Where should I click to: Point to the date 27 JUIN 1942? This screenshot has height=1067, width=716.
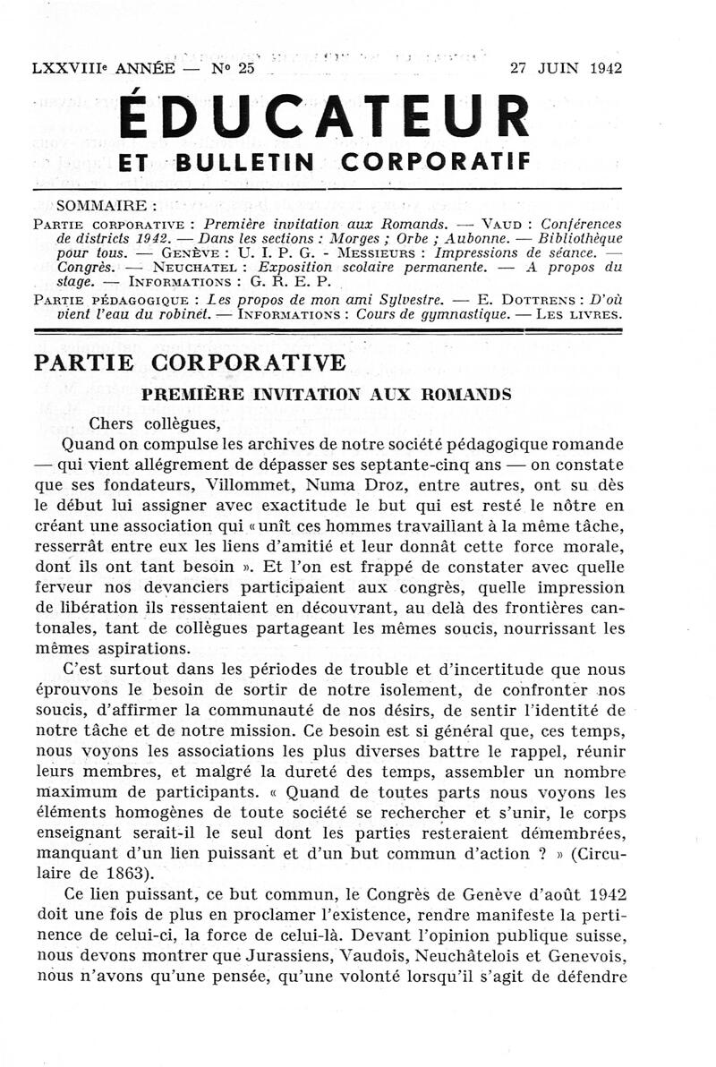(x=566, y=68)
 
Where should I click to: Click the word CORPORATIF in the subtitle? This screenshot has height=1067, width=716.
(x=436, y=162)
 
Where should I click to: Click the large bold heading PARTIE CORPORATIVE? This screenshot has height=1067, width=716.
(x=189, y=363)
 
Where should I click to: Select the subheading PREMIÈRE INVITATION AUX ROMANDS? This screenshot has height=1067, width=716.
(x=326, y=394)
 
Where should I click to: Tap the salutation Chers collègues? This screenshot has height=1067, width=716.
(x=155, y=423)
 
